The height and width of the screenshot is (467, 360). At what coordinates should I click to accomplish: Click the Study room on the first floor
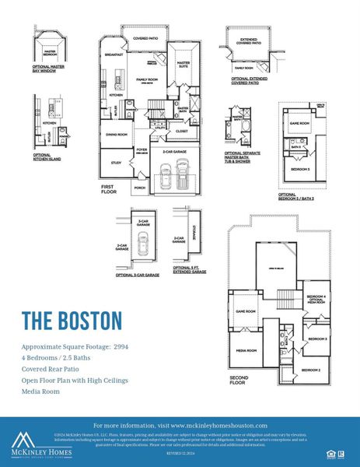(117, 163)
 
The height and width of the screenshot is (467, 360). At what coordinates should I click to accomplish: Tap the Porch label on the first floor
(139, 188)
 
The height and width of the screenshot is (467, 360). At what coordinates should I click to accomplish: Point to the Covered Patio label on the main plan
(145, 38)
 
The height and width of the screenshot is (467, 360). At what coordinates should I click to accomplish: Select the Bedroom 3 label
(316, 339)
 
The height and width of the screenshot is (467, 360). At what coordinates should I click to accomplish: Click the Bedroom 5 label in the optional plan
(302, 169)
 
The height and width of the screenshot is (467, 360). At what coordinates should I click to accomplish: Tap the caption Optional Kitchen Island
(43, 157)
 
